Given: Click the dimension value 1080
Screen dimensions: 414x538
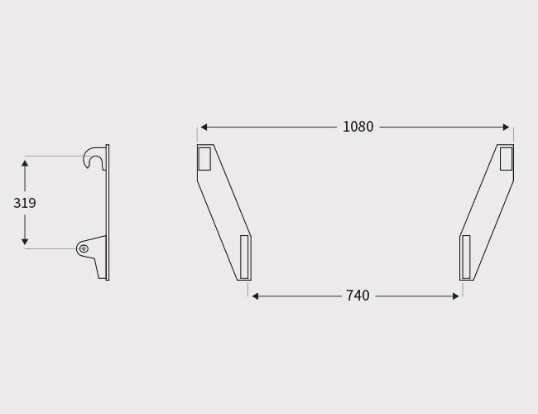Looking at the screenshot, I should click(x=358, y=127).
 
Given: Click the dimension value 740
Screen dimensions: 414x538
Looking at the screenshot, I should click(x=358, y=296).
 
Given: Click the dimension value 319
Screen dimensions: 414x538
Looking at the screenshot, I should click(x=25, y=203).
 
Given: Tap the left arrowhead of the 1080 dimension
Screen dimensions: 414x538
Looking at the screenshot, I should click(x=204, y=128).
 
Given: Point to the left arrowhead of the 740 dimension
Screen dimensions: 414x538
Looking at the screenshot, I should click(x=255, y=296).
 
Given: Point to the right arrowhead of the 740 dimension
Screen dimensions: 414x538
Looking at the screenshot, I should click(x=455, y=296).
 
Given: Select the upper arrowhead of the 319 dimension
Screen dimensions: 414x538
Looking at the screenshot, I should click(x=25, y=164).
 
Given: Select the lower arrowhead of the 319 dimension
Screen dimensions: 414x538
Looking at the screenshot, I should click(x=25, y=242).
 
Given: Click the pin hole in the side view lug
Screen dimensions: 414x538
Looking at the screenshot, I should click(x=84, y=248).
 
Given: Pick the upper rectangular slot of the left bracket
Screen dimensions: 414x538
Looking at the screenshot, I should click(x=204, y=158).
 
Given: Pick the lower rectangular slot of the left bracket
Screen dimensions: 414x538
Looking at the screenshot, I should click(x=244, y=257).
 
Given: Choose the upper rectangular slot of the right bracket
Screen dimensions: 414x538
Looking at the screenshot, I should click(x=506, y=158).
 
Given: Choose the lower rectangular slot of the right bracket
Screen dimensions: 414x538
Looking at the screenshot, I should click(x=466, y=257).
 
